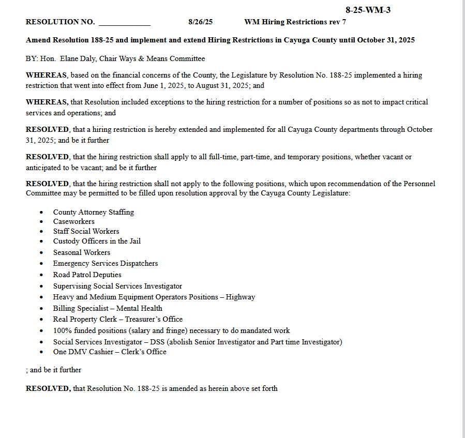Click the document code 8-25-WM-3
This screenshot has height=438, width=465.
click(x=368, y=10)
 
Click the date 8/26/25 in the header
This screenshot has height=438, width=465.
click(x=201, y=22)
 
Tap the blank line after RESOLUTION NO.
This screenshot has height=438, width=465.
click(x=124, y=23)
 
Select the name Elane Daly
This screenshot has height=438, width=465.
click(x=78, y=59)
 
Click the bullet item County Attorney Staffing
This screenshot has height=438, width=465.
click(x=93, y=212)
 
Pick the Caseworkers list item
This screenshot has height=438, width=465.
click(x=73, y=221)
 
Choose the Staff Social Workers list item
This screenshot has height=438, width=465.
click(x=86, y=231)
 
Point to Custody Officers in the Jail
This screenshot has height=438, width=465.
click(x=97, y=241)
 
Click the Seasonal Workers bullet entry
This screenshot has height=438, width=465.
click(x=81, y=252)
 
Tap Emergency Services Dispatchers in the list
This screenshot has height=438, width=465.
click(x=105, y=263)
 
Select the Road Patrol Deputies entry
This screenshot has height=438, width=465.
click(x=87, y=275)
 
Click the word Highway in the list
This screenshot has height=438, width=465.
click(x=240, y=297)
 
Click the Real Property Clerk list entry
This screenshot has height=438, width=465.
click(x=117, y=319)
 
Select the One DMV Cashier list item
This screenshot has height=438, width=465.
click(x=110, y=352)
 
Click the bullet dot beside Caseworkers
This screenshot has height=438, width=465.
click(x=42, y=222)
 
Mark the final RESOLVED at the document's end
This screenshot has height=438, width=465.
click(x=48, y=388)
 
